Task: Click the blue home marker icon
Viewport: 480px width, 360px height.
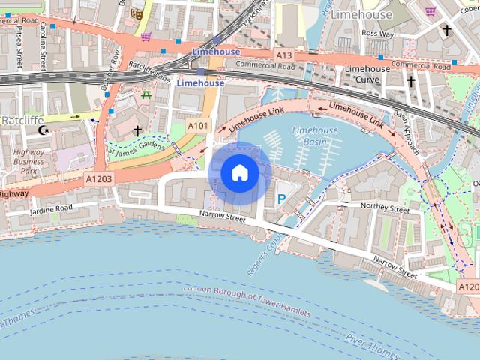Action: coord(239,173)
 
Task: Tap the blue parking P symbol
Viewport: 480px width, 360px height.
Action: coord(282,199)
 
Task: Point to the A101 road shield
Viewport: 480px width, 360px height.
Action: coord(198,125)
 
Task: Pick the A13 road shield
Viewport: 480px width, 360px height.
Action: coord(284,55)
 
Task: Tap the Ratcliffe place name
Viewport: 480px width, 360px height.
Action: coord(23,119)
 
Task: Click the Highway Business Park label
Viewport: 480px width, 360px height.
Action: coord(28,160)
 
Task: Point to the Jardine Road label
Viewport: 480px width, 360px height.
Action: coord(51,209)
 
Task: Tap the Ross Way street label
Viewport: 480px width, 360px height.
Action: coord(377,34)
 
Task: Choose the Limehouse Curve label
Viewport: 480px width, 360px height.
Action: coord(367,74)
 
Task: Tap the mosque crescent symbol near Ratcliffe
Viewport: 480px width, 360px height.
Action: coord(43,130)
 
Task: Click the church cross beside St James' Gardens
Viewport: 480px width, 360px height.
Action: coord(137,131)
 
